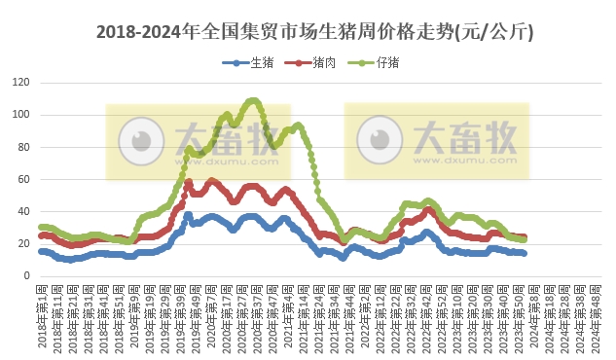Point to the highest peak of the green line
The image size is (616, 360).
coord(254,101)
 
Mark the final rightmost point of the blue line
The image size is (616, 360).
coord(525,253)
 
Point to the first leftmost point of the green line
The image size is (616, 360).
coord(40,228)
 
